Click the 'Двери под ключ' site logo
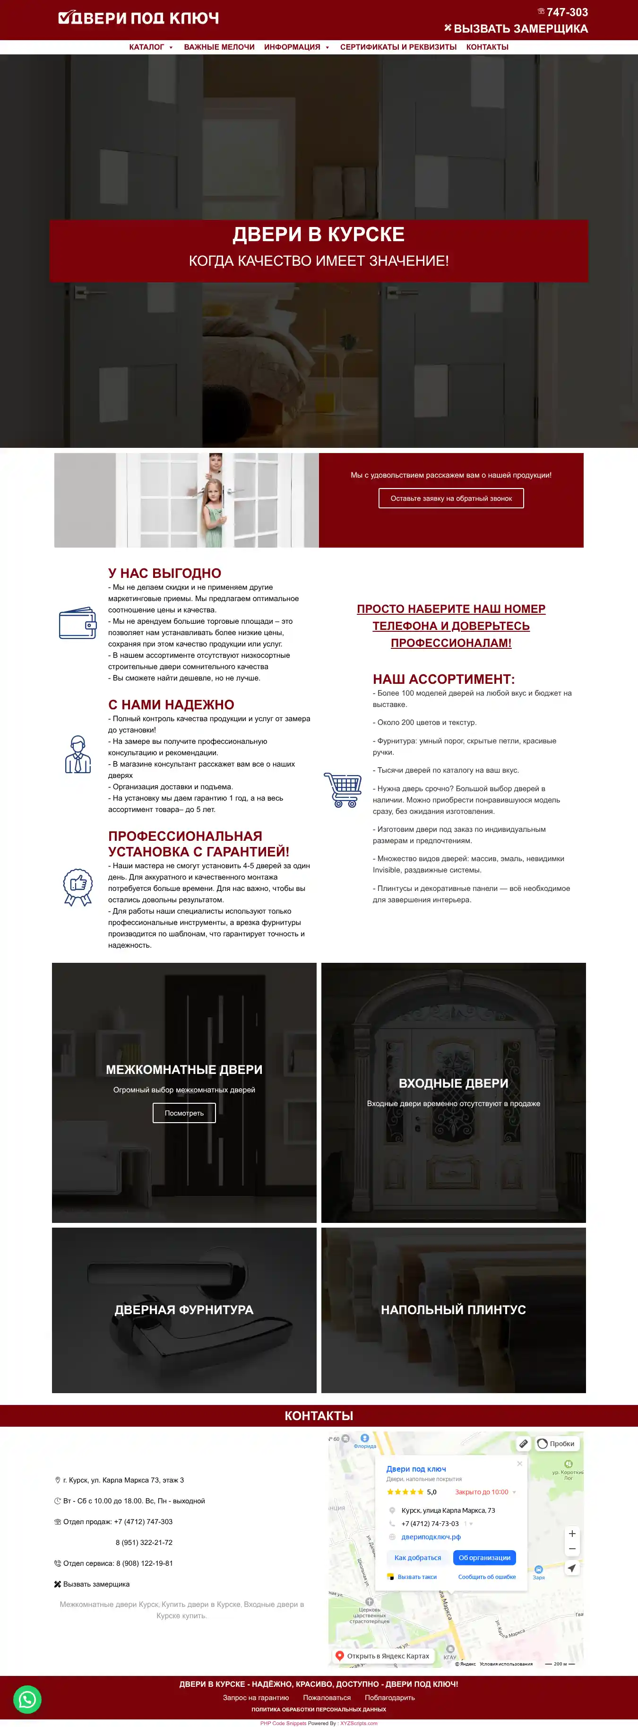click(x=139, y=18)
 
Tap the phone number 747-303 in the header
click(x=566, y=12)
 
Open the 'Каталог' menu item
click(x=147, y=47)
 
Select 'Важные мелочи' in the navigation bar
click(x=219, y=47)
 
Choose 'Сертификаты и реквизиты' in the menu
click(x=398, y=47)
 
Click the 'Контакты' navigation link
click(x=487, y=47)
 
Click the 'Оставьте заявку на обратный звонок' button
click(x=451, y=498)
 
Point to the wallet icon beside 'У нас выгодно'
click(x=78, y=623)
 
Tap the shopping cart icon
click(x=343, y=790)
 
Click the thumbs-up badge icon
click(x=78, y=886)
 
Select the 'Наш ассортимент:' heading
click(x=444, y=679)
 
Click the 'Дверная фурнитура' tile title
click(x=184, y=1309)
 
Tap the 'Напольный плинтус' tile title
click(x=453, y=1309)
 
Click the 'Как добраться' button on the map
click(x=417, y=1557)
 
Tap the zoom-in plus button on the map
click(x=572, y=1533)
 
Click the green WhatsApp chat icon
click(x=27, y=1699)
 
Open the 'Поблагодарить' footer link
click(x=389, y=1698)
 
